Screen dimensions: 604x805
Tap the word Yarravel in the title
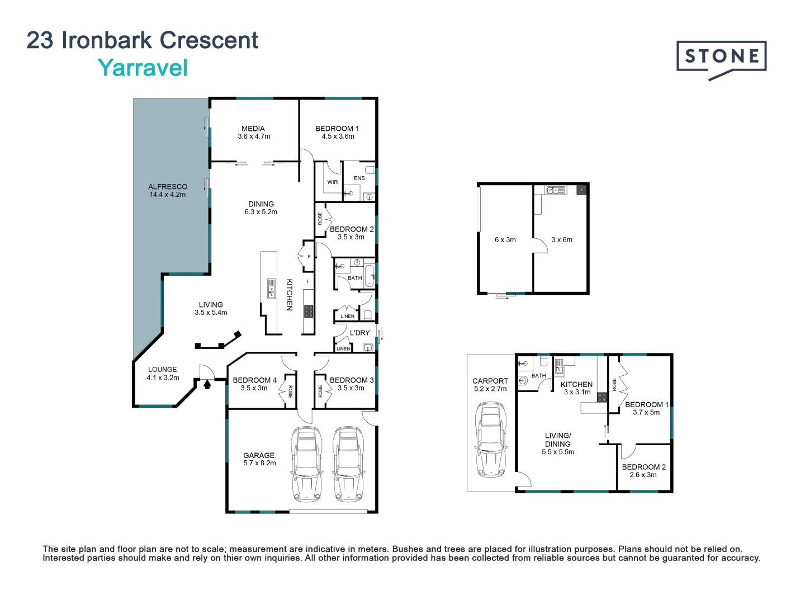pos(143,68)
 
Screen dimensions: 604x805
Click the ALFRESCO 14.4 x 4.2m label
pos(168,191)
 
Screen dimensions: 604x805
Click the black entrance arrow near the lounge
pos(207,384)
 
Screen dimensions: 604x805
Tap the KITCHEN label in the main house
pos(290,295)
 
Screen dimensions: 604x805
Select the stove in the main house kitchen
pos(309,312)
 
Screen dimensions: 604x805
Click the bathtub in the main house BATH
pos(369,277)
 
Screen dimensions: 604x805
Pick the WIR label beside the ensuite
pos(333,182)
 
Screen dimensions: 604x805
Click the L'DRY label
pos(359,333)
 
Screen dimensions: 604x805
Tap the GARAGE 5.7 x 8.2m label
pos(259,459)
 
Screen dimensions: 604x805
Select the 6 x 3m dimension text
pos(505,240)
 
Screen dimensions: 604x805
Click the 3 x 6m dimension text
pos(562,240)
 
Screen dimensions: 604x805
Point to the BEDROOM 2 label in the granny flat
pos(643,471)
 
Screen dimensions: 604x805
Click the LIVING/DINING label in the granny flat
pos(558,443)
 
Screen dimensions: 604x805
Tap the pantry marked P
pos(309,257)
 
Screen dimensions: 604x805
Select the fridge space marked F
pos(308,281)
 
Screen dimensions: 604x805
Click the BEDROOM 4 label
pos(254,384)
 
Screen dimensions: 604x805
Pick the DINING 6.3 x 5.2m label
pos(261,208)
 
